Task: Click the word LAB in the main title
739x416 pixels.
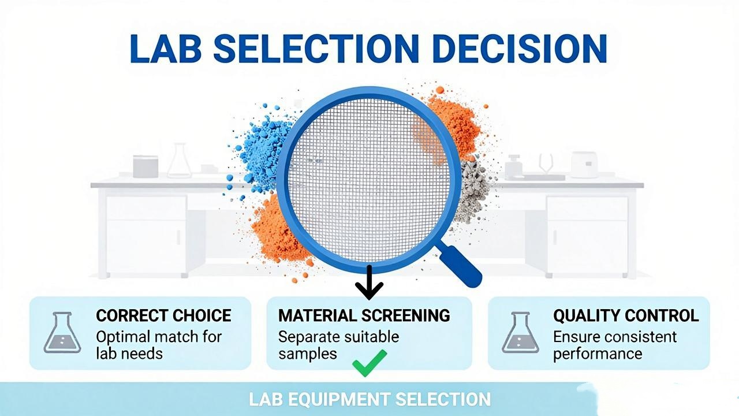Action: pyautogui.click(x=166, y=48)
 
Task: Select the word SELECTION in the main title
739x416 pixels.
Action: pyautogui.click(x=316, y=48)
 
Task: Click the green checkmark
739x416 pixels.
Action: pyautogui.click(x=369, y=363)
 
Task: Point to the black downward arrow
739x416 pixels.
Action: pyautogui.click(x=369, y=283)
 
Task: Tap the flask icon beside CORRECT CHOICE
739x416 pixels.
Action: pyautogui.click(x=62, y=332)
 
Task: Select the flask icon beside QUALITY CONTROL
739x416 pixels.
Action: pyautogui.click(x=520, y=332)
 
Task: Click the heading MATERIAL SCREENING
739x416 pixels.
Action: pyautogui.click(x=364, y=315)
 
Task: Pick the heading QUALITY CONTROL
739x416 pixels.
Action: pyautogui.click(x=626, y=315)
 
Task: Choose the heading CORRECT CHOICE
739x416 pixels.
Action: pyautogui.click(x=163, y=315)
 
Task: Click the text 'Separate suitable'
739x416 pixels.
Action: pyautogui.click(x=338, y=337)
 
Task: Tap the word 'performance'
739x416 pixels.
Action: pyautogui.click(x=598, y=354)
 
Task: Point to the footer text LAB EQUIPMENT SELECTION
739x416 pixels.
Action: pyautogui.click(x=369, y=399)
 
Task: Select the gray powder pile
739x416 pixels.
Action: pyautogui.click(x=472, y=191)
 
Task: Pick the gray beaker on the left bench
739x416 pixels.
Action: pyautogui.click(x=145, y=166)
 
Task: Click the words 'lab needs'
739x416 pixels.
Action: pyautogui.click(x=129, y=354)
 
